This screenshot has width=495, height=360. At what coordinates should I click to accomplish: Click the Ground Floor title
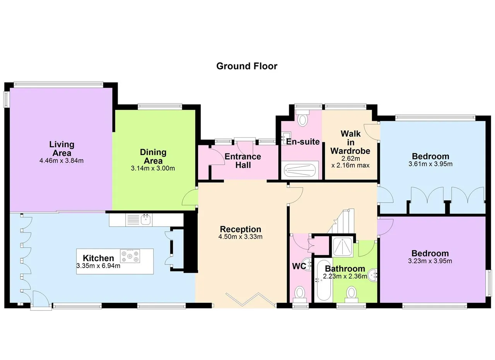[x=247, y=66]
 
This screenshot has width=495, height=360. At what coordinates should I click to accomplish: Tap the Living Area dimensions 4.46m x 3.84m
[x=61, y=160]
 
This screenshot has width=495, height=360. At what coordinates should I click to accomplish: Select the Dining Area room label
[x=153, y=157]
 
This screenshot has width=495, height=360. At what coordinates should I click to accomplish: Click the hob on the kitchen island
[x=130, y=256]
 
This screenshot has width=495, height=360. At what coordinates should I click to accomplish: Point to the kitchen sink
[x=145, y=220]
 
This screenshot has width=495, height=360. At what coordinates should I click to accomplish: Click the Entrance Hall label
[x=243, y=160]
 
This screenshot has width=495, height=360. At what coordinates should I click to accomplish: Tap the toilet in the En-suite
[x=302, y=118]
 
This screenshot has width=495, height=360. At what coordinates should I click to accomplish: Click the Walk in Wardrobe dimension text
[x=350, y=162]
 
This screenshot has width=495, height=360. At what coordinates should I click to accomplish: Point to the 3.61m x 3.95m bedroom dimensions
[x=430, y=164]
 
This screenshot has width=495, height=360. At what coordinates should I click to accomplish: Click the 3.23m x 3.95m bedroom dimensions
[x=430, y=261]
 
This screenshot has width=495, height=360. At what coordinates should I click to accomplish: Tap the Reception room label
[x=241, y=229]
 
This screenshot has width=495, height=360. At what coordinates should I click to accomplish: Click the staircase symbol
[x=341, y=222]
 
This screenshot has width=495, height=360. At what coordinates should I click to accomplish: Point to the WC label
[x=299, y=266]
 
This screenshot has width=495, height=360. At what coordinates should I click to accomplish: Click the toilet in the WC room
[x=300, y=294]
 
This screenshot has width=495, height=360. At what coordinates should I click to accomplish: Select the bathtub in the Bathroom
[x=324, y=280]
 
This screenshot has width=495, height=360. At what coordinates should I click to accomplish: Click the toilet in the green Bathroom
[x=351, y=294]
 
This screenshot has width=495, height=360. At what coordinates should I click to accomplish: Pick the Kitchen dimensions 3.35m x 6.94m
[x=98, y=266]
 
